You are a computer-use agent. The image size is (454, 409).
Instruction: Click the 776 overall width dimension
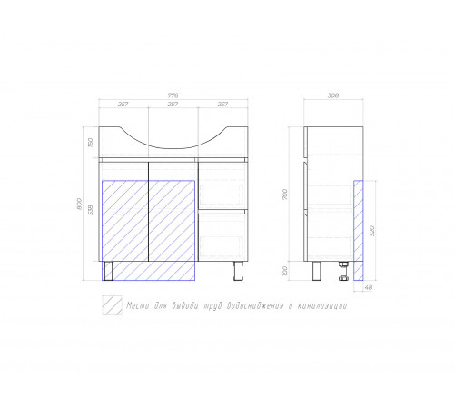point(173,95)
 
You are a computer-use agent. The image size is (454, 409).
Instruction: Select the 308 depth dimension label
point(333,95)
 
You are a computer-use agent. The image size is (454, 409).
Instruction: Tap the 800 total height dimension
point(80,204)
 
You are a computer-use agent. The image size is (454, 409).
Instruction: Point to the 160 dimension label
point(91,143)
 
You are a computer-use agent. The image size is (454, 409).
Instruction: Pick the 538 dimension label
point(91,210)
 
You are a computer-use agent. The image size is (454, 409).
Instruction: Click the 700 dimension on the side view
point(284,195)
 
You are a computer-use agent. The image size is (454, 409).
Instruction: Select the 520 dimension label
point(372,231)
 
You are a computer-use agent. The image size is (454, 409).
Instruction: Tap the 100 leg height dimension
point(284,271)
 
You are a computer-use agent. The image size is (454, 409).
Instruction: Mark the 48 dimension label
point(368,288)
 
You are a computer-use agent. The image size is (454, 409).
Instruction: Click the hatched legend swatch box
point(112,305)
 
